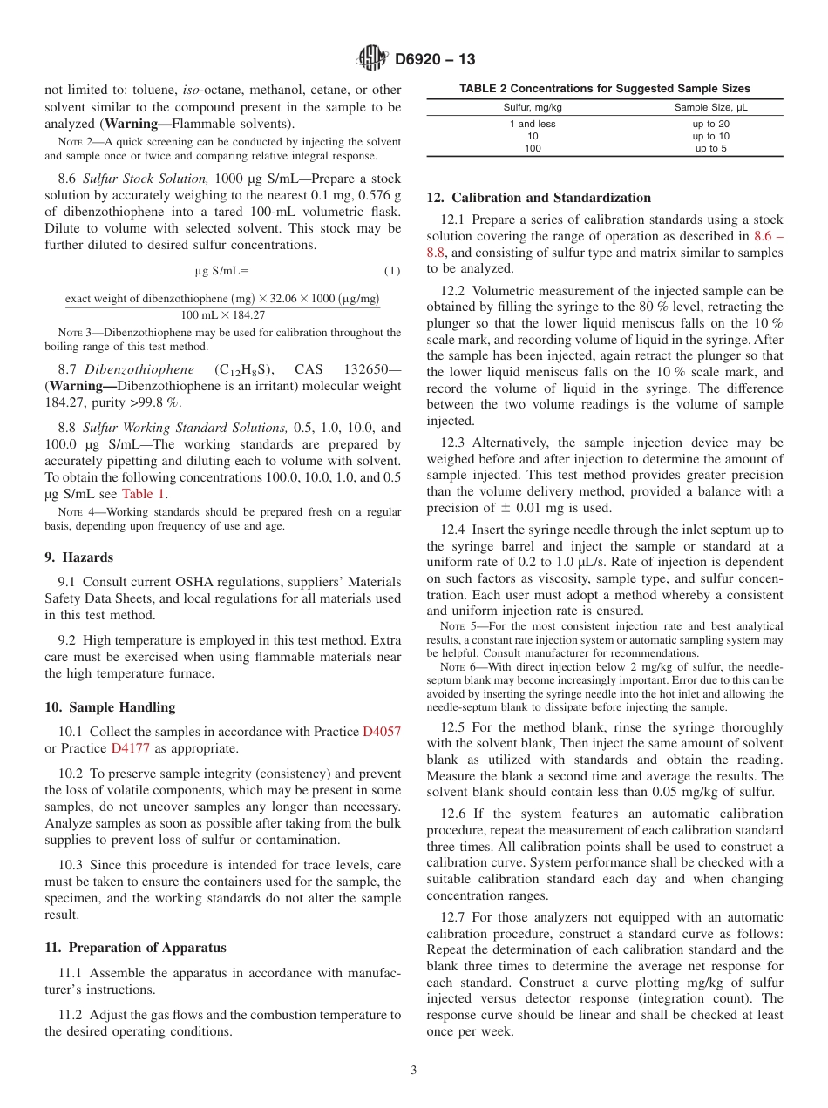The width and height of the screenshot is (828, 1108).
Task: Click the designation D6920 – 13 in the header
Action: pyautogui.click(x=435, y=60)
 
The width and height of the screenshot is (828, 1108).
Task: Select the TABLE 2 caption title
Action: pyautogui.click(x=604, y=89)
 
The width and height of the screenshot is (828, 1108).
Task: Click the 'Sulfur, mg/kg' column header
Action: pyautogui.click(x=533, y=107)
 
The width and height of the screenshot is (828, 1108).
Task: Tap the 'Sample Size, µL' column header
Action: pyautogui.click(x=710, y=107)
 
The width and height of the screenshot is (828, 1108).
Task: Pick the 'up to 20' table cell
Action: pyautogui.click(x=710, y=124)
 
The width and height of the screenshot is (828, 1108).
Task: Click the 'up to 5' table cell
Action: pyautogui.click(x=710, y=148)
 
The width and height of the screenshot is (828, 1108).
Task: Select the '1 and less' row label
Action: pyautogui.click(x=533, y=124)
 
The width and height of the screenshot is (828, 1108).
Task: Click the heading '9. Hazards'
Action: pyautogui.click(x=78, y=557)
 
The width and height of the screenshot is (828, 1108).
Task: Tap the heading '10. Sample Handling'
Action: pyautogui.click(x=110, y=707)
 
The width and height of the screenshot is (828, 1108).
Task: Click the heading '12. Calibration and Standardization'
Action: pyautogui.click(x=539, y=198)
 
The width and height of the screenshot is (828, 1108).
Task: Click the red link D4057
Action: pyautogui.click(x=382, y=732)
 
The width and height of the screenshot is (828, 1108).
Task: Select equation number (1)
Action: pyautogui.click(x=392, y=271)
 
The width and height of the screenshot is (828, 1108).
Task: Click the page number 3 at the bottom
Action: pyautogui.click(x=413, y=1071)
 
